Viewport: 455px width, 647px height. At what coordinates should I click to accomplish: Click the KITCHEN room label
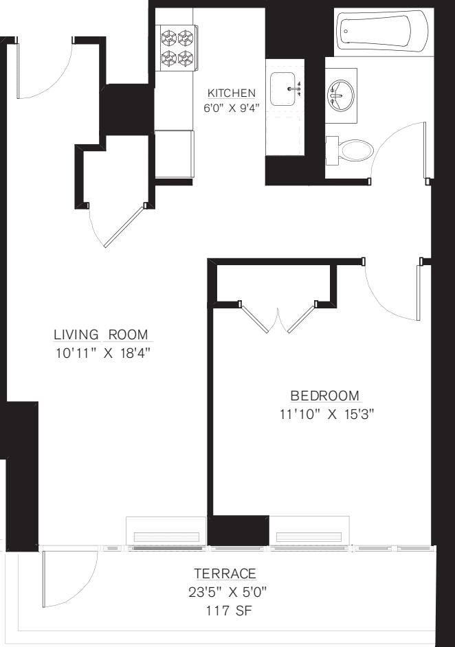(x=232, y=93)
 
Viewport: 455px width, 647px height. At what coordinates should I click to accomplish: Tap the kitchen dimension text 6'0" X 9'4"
(x=232, y=107)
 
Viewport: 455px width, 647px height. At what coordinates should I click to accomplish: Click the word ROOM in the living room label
(x=128, y=335)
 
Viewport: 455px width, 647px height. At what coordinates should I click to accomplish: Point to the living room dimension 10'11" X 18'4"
(x=102, y=354)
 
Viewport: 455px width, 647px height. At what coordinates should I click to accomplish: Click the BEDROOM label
(x=325, y=396)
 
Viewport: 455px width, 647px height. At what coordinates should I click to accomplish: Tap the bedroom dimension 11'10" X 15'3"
(x=325, y=415)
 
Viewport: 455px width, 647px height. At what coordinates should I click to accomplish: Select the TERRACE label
(x=225, y=574)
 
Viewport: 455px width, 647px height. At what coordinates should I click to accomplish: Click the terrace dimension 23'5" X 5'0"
(x=225, y=592)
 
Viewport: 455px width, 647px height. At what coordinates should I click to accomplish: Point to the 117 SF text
(x=225, y=609)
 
